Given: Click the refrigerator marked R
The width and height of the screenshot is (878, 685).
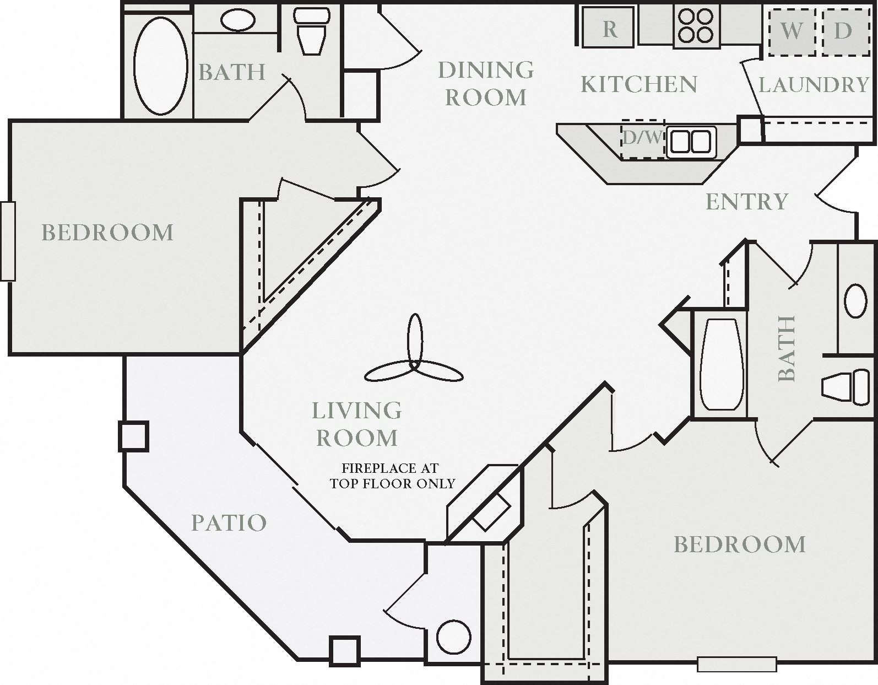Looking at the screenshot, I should (609, 28).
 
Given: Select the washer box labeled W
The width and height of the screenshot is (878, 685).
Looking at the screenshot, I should (792, 31).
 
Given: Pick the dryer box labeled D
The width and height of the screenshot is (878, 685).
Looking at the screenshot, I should (843, 31).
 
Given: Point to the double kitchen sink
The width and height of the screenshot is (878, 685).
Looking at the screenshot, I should (691, 142).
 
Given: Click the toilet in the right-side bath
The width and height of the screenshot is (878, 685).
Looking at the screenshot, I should (846, 387).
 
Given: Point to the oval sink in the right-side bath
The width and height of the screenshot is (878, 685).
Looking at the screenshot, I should (855, 301).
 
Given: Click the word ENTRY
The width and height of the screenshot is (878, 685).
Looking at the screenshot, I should (746, 202).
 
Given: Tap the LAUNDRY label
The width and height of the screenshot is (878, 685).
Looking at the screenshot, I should (813, 85).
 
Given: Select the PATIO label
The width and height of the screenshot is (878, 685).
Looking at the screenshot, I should (229, 522).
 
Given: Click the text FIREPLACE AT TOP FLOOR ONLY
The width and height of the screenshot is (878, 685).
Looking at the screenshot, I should (392, 476).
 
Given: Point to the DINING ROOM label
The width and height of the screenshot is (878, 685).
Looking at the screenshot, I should (486, 83).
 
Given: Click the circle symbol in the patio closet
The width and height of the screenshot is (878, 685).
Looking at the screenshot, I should (454, 637).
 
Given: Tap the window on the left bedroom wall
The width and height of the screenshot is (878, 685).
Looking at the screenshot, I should (8, 241).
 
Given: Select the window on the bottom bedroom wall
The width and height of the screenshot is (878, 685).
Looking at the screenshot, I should (736, 664).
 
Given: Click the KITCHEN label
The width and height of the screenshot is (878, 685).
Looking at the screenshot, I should (639, 84).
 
